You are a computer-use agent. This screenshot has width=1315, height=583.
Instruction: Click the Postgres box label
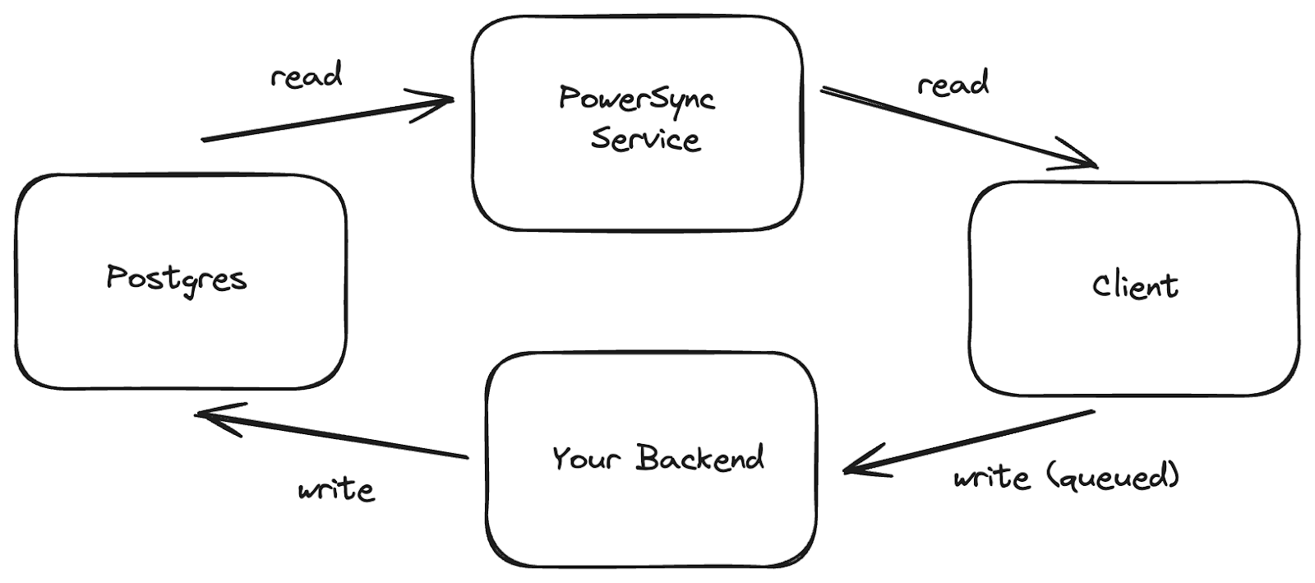pos(177,279)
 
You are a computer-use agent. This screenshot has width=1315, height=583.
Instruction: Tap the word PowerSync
pos(637,98)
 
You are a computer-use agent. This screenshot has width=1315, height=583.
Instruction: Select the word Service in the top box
pos(646,139)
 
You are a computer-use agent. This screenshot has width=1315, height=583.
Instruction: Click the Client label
pos(1135,286)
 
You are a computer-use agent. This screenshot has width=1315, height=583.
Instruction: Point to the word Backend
pos(699,457)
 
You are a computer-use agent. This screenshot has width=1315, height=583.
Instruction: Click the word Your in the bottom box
pos(585,458)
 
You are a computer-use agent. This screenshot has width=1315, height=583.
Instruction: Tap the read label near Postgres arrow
pos(306,76)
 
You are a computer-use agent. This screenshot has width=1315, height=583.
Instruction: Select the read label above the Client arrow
pos(953,84)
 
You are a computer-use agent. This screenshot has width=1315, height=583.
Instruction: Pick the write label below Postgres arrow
pos(336,490)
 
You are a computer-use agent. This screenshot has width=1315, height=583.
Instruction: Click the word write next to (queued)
pos(991,477)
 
